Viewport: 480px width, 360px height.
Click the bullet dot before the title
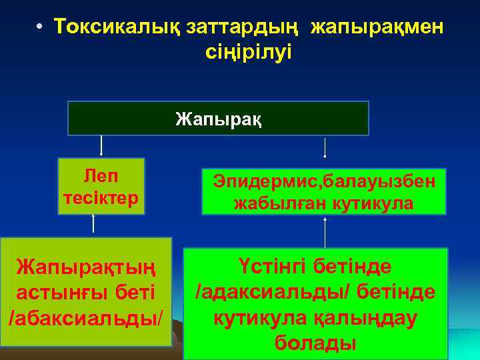click(41, 27)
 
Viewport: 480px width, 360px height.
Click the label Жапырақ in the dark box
click(219, 119)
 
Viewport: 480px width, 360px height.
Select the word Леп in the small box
click(101, 176)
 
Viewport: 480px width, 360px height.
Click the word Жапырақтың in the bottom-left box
click(87, 268)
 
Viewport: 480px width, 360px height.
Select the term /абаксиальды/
click(85, 317)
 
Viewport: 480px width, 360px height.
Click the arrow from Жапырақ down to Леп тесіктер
click(101, 146)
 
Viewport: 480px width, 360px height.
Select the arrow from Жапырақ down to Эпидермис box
click(325, 147)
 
